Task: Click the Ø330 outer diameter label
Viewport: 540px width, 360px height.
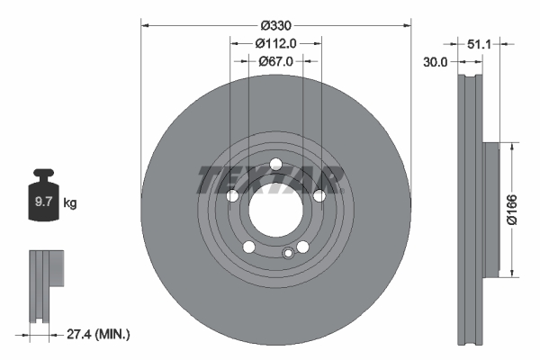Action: [275, 26]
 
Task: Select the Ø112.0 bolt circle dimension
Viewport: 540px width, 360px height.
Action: [275, 43]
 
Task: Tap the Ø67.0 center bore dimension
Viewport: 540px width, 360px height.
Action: [275, 61]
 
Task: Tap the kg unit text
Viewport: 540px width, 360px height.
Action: [70, 204]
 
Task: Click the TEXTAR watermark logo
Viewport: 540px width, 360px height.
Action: [271, 179]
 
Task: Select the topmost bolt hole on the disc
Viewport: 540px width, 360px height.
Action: [275, 164]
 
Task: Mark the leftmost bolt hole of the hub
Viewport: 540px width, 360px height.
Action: [232, 196]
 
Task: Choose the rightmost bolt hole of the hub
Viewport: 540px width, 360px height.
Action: [319, 195]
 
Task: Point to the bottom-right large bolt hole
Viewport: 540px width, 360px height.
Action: [303, 247]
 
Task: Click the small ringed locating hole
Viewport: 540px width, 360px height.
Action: [288, 253]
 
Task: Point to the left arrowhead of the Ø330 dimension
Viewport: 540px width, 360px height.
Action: [144, 26]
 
